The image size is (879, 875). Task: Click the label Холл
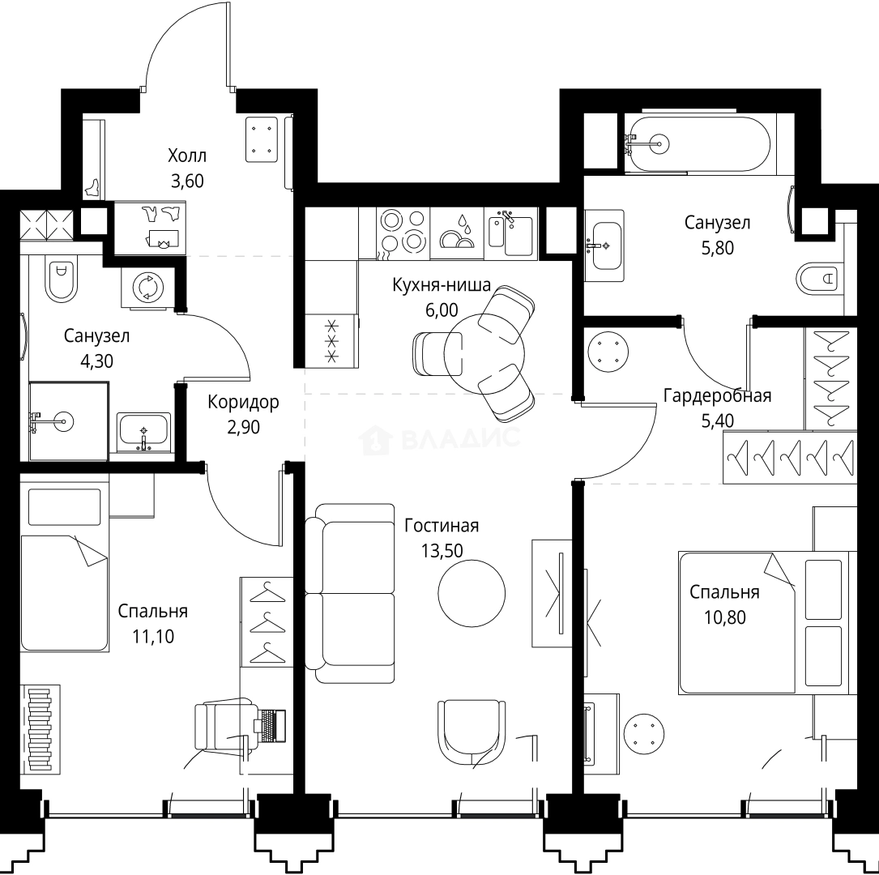pos(186,156)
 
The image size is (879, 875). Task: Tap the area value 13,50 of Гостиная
pos(442,550)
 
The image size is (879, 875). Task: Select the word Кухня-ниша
pos(442,284)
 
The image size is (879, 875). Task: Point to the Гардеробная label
pos(717,395)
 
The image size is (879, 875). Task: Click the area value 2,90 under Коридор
pos(243,427)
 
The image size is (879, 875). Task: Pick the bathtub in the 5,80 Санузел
pos(698,143)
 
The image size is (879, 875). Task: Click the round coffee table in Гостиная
pos(472,593)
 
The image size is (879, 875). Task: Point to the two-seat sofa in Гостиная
pos(350,593)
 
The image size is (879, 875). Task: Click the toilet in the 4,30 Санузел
pos(61,280)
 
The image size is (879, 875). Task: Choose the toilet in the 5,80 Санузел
pos(819,278)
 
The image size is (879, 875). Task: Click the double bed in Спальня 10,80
pos(761,622)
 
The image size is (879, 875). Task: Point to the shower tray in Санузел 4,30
pos(68,421)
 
